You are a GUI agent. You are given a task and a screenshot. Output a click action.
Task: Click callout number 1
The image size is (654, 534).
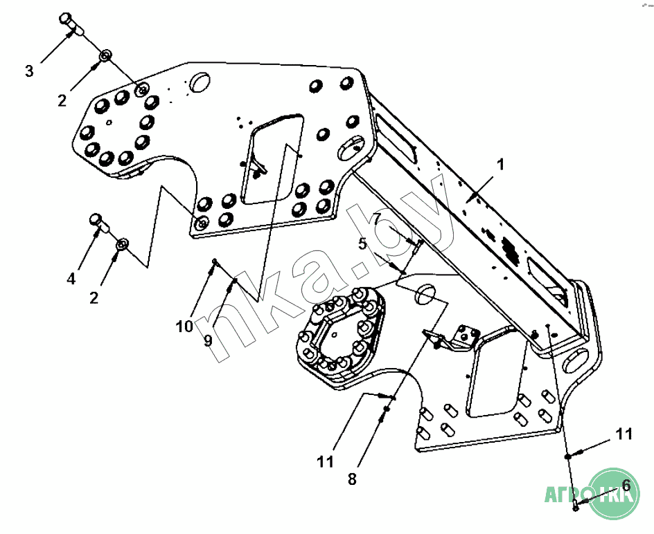500,165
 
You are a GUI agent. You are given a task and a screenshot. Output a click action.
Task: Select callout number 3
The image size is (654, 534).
29,71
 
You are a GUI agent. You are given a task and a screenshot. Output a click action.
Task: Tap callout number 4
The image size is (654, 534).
71,279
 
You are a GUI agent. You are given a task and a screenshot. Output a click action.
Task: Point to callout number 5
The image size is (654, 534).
362,243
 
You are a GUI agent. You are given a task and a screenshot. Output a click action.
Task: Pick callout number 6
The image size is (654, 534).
626,486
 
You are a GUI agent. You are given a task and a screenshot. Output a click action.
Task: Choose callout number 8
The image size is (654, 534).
352,479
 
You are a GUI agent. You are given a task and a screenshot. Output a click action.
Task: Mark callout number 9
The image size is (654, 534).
207,341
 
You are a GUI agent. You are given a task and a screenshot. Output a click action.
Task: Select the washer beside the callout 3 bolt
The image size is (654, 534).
106,55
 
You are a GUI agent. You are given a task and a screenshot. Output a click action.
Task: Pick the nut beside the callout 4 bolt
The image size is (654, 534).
122,243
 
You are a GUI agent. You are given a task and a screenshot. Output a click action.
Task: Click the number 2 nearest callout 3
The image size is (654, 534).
62,101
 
